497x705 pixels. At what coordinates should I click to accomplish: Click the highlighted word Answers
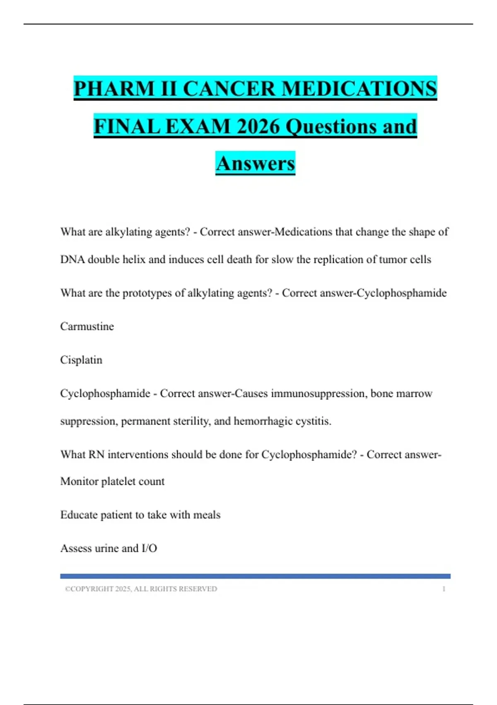(255, 163)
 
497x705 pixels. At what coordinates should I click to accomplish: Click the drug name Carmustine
(87, 326)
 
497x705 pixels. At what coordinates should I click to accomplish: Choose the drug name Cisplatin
(81, 360)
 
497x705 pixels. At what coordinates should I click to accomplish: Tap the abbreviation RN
(96, 455)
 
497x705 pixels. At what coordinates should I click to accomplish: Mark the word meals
(207, 515)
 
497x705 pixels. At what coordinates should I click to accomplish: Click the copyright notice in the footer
(141, 589)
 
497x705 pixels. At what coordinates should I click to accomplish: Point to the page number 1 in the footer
(444, 589)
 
